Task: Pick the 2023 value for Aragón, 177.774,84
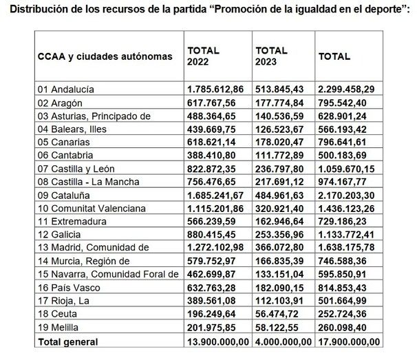[283, 103]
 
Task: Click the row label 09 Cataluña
[63, 194]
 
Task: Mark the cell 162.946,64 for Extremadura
[283, 220]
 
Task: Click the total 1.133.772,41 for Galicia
[349, 233]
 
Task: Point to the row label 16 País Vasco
[66, 285]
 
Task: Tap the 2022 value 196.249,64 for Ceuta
[217, 311]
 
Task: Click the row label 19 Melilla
[58, 324]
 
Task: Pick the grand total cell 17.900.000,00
[350, 341]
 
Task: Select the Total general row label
[68, 341]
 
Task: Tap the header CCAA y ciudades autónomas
[105, 56]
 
